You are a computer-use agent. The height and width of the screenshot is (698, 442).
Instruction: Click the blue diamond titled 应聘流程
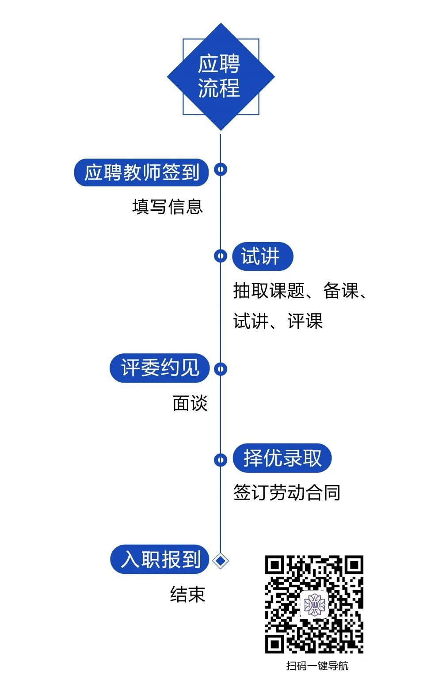[221, 76]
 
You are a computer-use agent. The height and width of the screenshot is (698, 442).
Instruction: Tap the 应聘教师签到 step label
[141, 172]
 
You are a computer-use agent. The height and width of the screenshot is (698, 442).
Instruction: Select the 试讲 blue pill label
[262, 256]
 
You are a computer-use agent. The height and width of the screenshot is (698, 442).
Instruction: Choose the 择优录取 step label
[282, 458]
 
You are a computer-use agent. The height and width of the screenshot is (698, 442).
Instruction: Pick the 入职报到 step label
[160, 559]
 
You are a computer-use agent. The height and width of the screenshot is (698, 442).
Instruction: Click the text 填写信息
[168, 207]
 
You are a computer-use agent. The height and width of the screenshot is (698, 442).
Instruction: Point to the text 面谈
[190, 403]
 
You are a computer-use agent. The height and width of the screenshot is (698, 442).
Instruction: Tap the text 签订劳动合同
[286, 493]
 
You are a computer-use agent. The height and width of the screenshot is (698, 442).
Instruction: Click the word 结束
[188, 595]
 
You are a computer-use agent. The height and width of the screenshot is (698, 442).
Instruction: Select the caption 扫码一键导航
[317, 666]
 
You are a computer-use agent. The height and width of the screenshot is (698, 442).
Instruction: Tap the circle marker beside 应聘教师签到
[221, 169]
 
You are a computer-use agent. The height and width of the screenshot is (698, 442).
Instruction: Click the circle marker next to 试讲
[220, 256]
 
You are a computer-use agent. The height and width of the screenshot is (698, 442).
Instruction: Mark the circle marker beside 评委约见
[221, 369]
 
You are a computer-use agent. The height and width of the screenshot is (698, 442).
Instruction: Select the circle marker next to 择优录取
[220, 459]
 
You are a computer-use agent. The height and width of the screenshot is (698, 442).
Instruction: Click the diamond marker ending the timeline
[220, 561]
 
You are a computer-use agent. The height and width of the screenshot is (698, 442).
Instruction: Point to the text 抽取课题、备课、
[301, 291]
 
